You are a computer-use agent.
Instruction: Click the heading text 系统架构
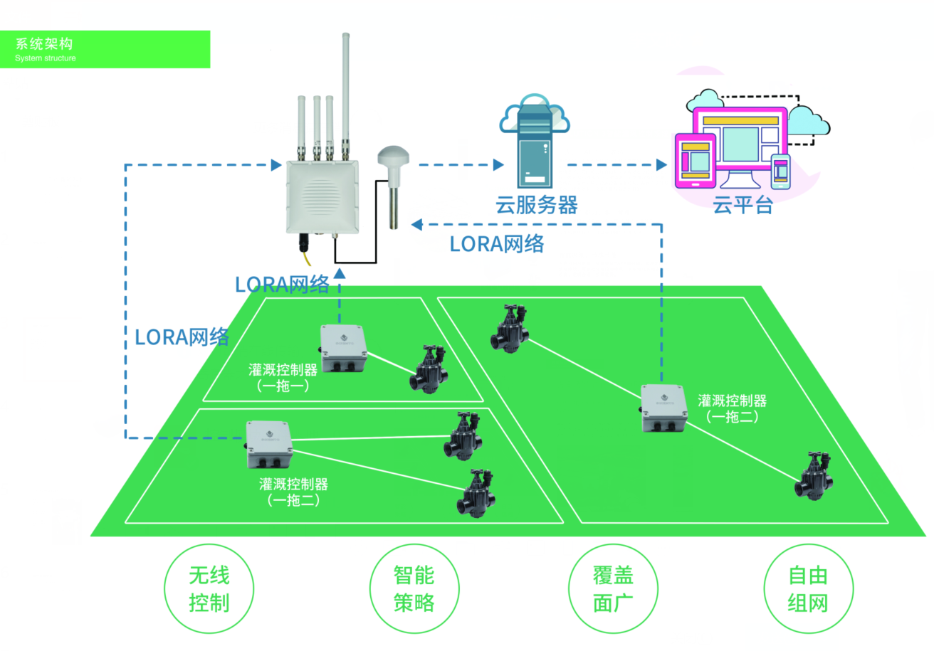pyautogui.click(x=44, y=44)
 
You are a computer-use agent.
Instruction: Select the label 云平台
pyautogui.click(x=743, y=206)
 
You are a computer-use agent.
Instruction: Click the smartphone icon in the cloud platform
pyautogui.click(x=781, y=171)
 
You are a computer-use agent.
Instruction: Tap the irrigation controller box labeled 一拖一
pyautogui.click(x=345, y=348)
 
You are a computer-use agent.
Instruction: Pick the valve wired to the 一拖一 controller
pyautogui.click(x=428, y=370)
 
